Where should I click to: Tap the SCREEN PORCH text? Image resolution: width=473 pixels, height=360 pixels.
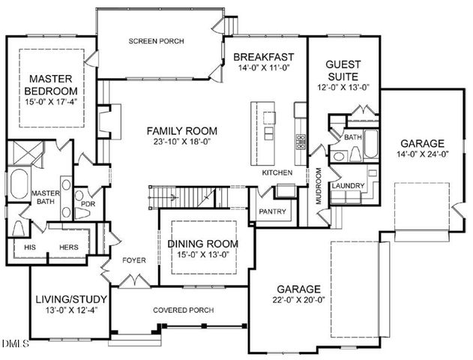pyautogui.click(x=156, y=41)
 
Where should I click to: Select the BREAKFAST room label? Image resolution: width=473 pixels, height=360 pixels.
pyautogui.click(x=263, y=57)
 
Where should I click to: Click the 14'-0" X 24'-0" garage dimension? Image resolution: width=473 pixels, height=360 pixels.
pyautogui.click(x=422, y=154)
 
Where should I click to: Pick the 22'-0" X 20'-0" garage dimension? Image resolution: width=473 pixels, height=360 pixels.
pyautogui.click(x=298, y=300)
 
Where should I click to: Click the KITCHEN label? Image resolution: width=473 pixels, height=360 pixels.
pyautogui.click(x=276, y=173)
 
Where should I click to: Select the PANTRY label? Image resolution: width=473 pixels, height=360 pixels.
pyautogui.click(x=272, y=211)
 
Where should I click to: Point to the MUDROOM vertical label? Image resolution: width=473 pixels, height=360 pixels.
pyautogui.click(x=318, y=185)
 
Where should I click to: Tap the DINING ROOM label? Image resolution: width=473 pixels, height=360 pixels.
pyautogui.click(x=202, y=244)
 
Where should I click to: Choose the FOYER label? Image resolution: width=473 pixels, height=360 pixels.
pyautogui.click(x=133, y=260)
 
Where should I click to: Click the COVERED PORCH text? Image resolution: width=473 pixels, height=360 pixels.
pyautogui.click(x=183, y=310)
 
